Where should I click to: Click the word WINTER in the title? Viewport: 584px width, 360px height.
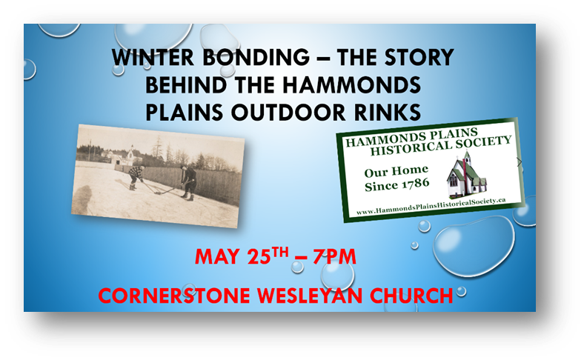point(153,58)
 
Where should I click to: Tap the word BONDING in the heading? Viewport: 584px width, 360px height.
point(256,58)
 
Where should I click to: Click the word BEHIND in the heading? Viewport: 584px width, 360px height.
point(186,85)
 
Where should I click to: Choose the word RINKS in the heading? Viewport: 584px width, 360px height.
point(388,113)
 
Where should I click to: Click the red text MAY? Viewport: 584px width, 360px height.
point(217,257)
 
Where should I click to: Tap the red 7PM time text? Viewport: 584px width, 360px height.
point(334,257)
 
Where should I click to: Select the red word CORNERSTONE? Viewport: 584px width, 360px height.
point(174,296)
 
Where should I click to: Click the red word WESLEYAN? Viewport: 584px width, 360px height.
point(310,296)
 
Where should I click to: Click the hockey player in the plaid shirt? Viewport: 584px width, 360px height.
point(136,177)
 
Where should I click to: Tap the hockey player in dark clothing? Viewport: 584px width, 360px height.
point(189,182)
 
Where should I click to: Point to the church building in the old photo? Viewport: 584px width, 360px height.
point(130,156)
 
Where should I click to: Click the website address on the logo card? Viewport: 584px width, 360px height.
point(431,206)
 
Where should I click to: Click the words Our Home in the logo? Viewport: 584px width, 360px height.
point(396,172)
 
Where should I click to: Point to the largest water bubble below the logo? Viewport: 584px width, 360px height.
point(474,247)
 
